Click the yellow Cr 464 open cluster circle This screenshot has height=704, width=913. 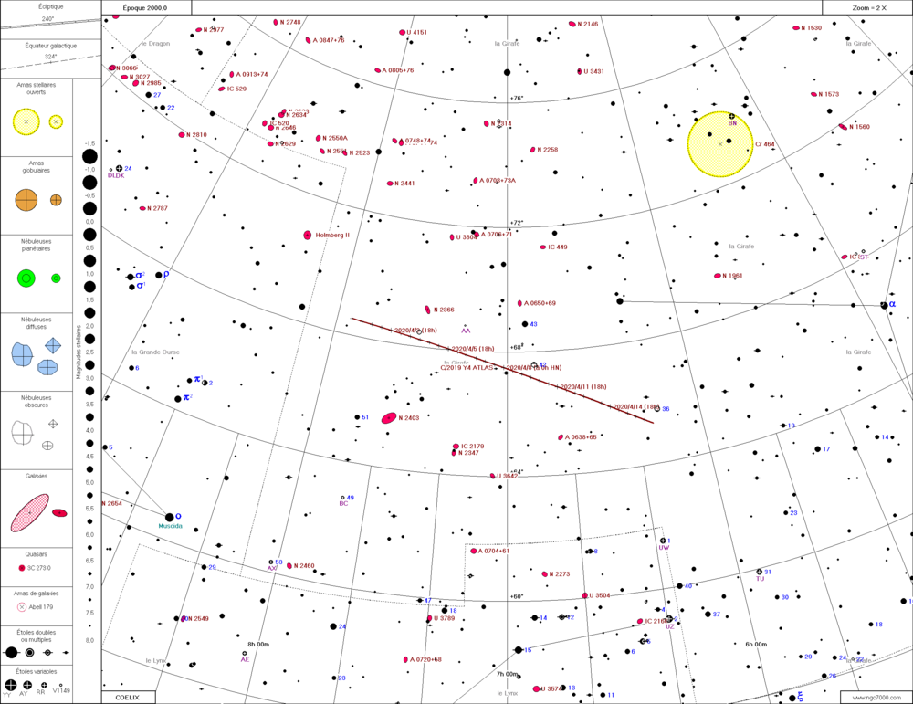pyautogui.click(x=720, y=143)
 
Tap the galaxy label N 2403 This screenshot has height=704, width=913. pyautogui.click(x=408, y=418)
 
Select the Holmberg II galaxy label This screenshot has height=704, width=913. pyautogui.click(x=339, y=236)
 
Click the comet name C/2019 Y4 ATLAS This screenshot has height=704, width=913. pyautogui.click(x=467, y=367)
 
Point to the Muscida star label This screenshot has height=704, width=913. pyautogui.click(x=171, y=526)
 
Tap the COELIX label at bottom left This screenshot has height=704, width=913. pyautogui.click(x=127, y=698)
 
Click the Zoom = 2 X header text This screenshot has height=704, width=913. pyautogui.click(x=869, y=7)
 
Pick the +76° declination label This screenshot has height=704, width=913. pyautogui.click(x=517, y=98)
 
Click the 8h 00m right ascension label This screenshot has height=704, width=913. pyautogui.click(x=258, y=644)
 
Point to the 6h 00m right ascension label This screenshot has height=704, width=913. pyautogui.click(x=756, y=644)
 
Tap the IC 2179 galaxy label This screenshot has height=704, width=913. pyautogui.click(x=472, y=446)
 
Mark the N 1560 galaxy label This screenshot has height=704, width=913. pyautogui.click(x=859, y=127)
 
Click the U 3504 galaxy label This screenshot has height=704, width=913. pyautogui.click(x=600, y=595)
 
